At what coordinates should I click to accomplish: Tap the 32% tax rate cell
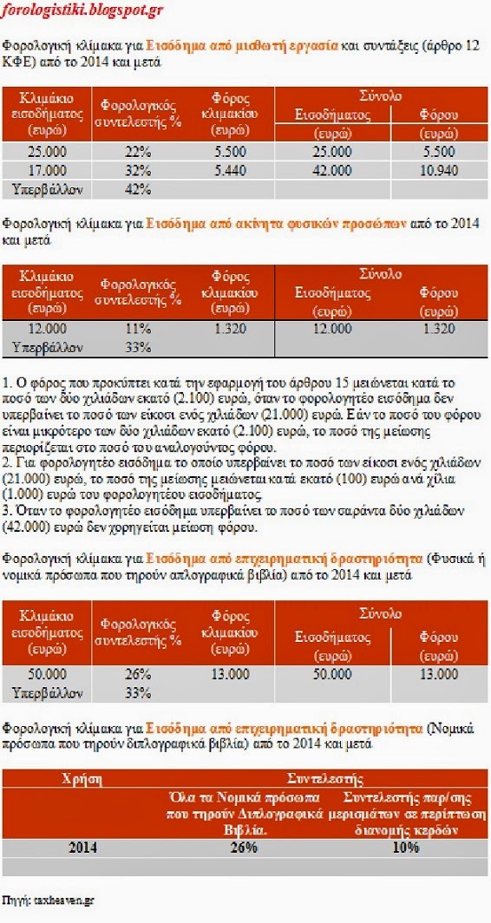pyautogui.click(x=137, y=171)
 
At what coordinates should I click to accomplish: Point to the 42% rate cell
pyautogui.click(x=137, y=188)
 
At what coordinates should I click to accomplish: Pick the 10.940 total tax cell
pyautogui.click(x=438, y=171)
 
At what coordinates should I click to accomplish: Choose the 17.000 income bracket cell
pyautogui.click(x=48, y=171)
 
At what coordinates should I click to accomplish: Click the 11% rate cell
pyautogui.click(x=137, y=330)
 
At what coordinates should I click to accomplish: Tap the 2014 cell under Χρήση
pyautogui.click(x=83, y=848)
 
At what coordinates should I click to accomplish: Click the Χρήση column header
pyautogui.click(x=83, y=779)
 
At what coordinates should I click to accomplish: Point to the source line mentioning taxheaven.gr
pyautogui.click(x=48, y=900)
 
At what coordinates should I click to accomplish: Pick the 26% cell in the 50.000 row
pyautogui.click(x=137, y=674)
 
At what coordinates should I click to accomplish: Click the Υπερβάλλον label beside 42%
pyautogui.click(x=48, y=188)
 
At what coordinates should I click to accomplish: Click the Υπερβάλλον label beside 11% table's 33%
pyautogui.click(x=48, y=347)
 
